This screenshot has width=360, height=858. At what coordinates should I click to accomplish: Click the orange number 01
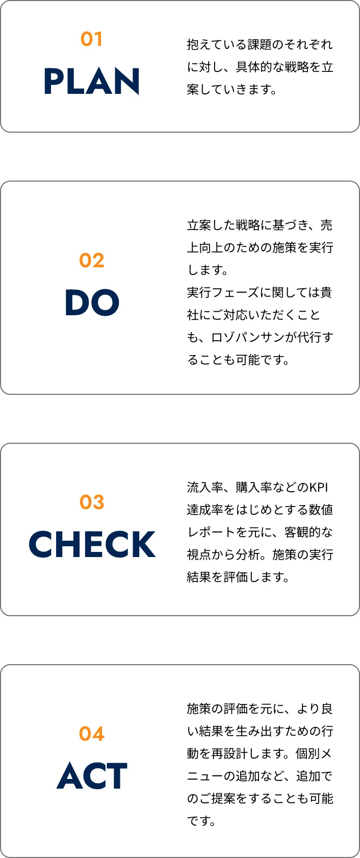click(92, 39)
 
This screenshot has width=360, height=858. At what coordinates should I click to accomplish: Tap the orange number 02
click(92, 261)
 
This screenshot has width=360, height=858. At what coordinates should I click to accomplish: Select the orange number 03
click(92, 502)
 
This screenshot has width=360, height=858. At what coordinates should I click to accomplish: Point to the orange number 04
click(92, 734)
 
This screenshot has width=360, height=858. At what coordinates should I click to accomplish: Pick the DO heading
click(92, 302)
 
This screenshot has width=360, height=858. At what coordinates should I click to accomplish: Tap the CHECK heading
click(92, 544)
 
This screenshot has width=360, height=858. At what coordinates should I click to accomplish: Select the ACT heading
click(92, 776)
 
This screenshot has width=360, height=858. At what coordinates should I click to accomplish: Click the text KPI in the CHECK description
click(319, 487)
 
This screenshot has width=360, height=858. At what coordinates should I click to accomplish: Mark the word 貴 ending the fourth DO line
click(326, 292)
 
